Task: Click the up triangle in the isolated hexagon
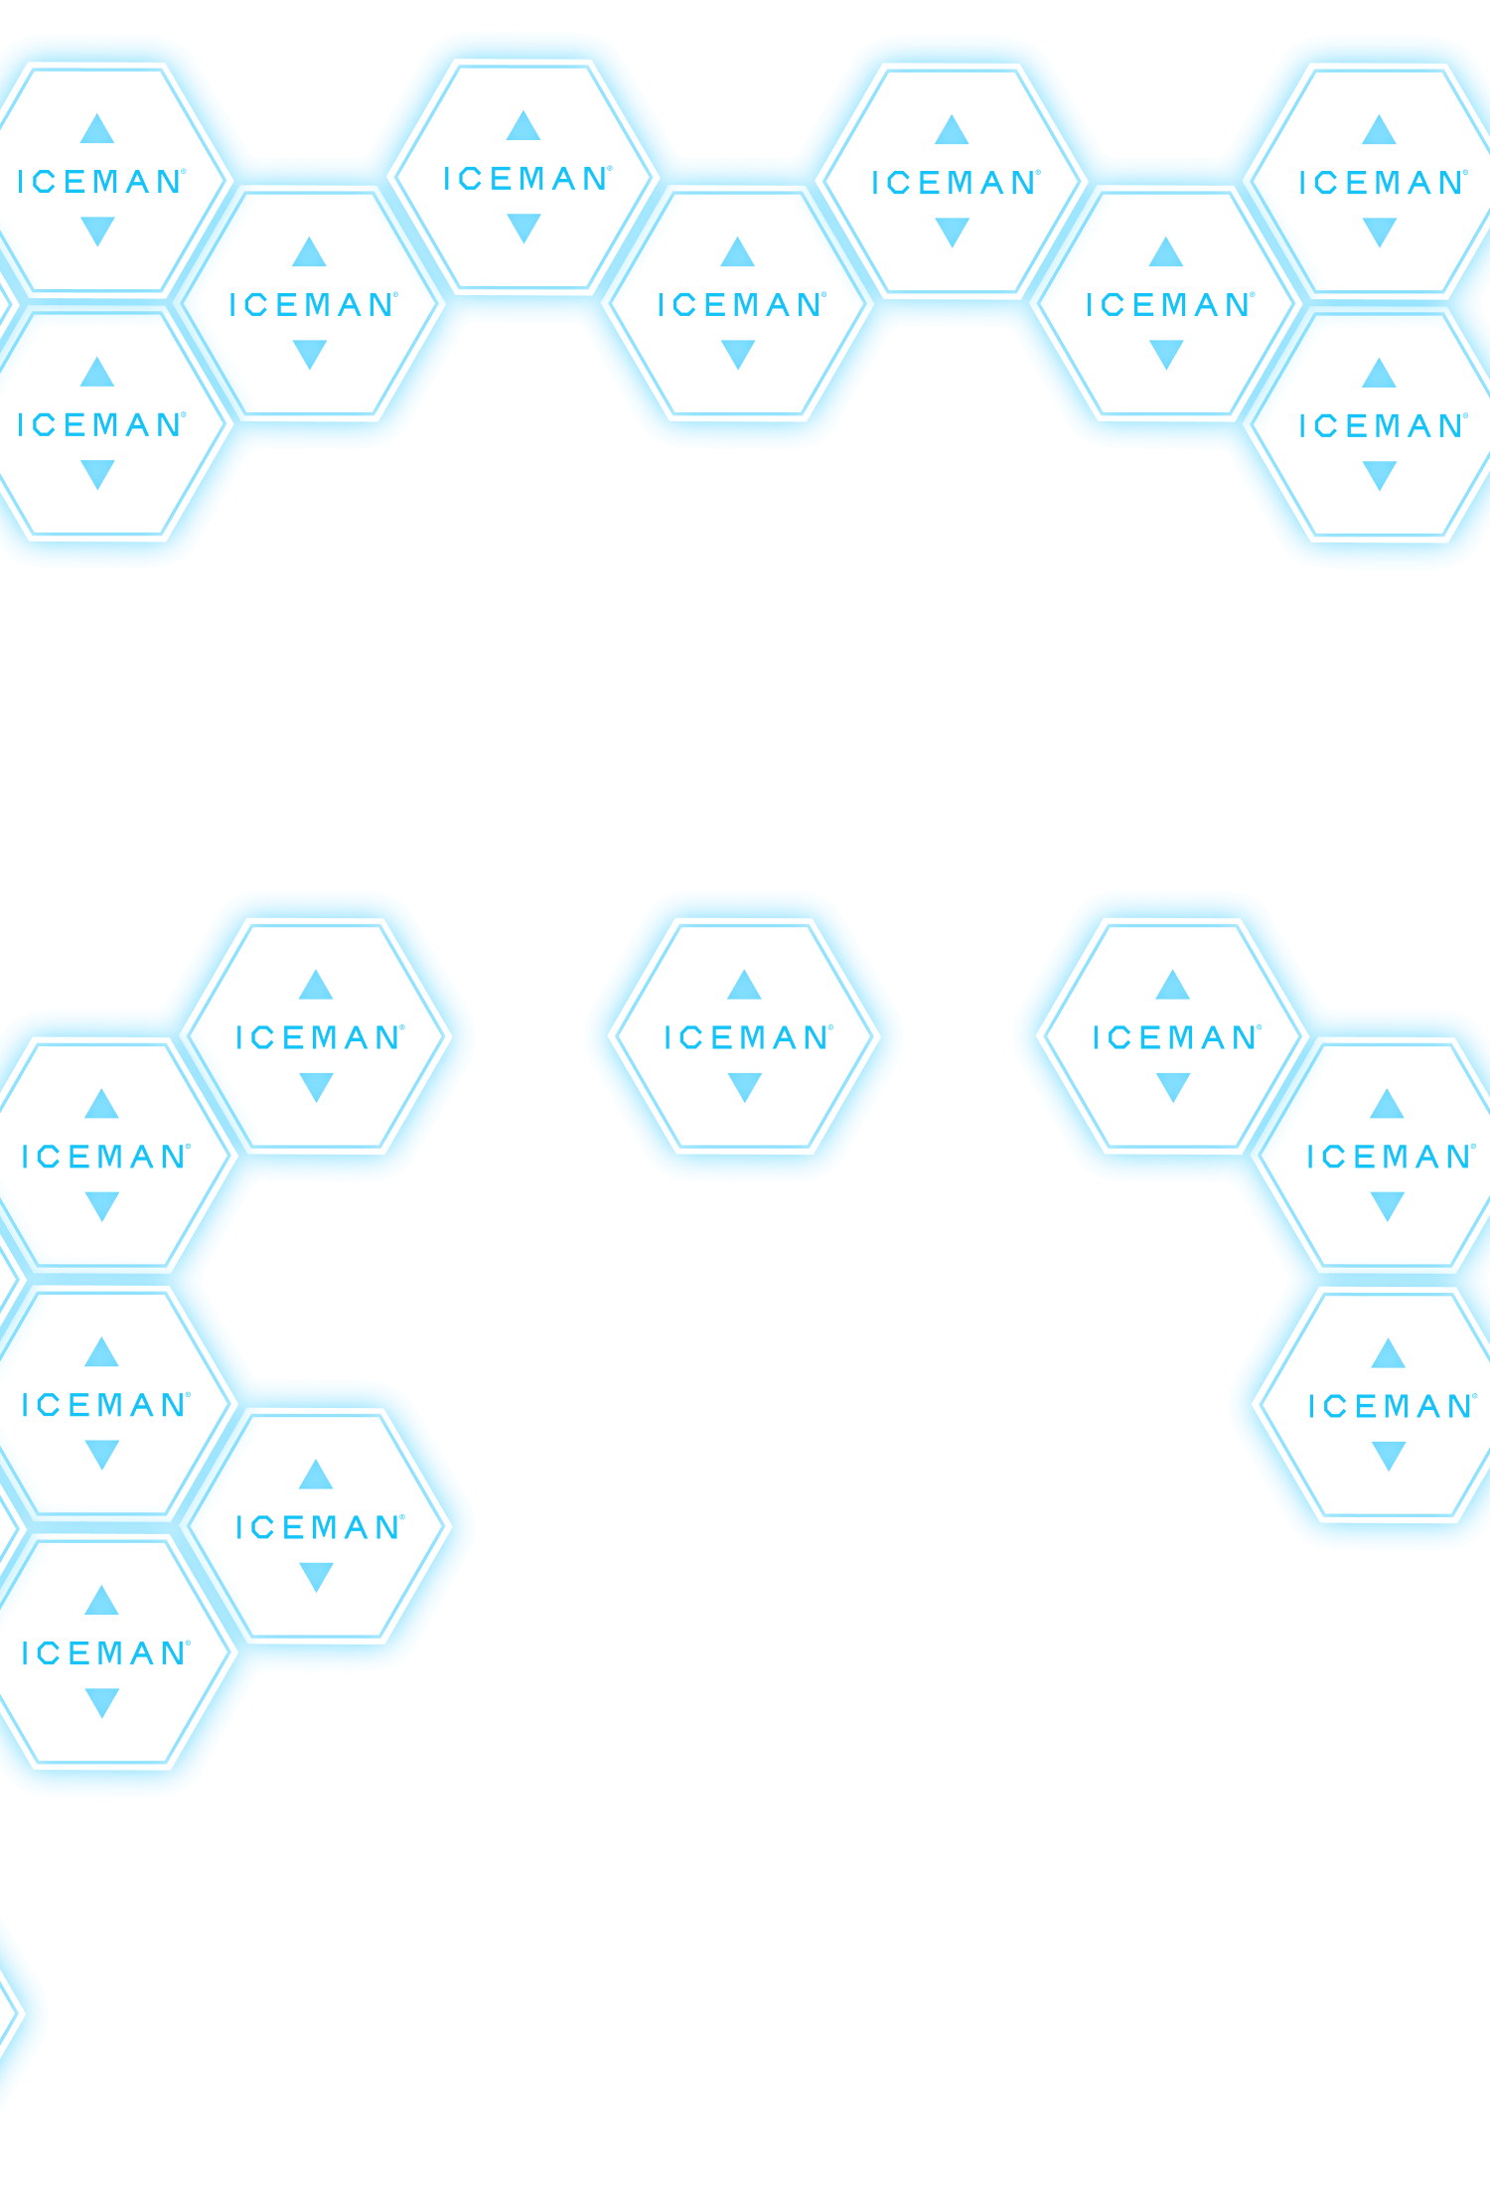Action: (x=744, y=985)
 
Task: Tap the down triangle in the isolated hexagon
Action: (x=744, y=1087)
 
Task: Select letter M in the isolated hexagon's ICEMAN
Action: (x=744, y=1037)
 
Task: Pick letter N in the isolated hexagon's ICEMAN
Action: (x=817, y=1037)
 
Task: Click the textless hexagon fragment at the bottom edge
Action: (x=8, y=2012)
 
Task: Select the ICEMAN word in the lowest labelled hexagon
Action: (x=104, y=1653)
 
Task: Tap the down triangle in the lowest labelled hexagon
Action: (x=101, y=1703)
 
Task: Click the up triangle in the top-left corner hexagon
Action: (x=97, y=128)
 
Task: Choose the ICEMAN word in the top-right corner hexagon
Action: (x=1382, y=183)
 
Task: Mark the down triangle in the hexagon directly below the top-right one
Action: (x=1380, y=476)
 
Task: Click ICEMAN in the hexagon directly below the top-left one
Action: (x=100, y=425)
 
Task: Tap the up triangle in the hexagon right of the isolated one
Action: (x=1173, y=985)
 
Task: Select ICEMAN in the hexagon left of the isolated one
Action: (x=319, y=1037)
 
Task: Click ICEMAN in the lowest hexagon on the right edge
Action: (x=1392, y=1406)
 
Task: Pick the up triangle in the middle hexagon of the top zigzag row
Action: (x=737, y=251)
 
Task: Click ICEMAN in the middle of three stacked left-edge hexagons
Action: (x=104, y=1405)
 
